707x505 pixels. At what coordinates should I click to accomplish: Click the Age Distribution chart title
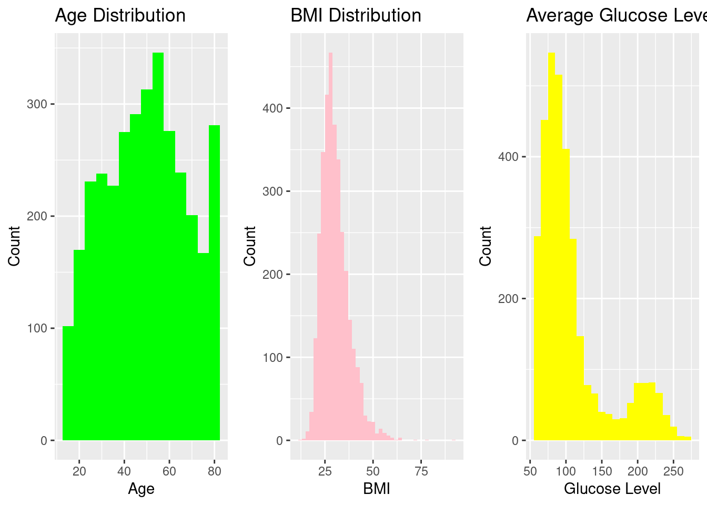pyautogui.click(x=120, y=16)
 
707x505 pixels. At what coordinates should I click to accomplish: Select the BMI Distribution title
pyautogui.click(x=356, y=16)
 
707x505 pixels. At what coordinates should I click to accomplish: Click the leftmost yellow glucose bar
pyautogui.click(x=537, y=337)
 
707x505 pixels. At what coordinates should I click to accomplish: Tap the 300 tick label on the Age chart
pyautogui.click(x=37, y=104)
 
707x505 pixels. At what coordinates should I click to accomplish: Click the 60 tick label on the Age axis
pyautogui.click(x=169, y=471)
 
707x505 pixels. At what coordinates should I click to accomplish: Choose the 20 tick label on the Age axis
pyautogui.click(x=79, y=471)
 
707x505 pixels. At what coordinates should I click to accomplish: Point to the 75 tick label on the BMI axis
pyautogui.click(x=421, y=471)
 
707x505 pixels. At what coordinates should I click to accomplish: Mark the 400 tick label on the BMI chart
pyautogui.click(x=272, y=108)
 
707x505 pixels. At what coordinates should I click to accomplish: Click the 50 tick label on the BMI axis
pyautogui.click(x=373, y=471)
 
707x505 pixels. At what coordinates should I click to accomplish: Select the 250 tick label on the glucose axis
pyautogui.click(x=673, y=471)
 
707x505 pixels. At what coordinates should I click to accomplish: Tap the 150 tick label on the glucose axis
pyautogui.click(x=602, y=471)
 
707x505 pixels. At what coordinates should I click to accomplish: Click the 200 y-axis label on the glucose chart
pyautogui.click(x=508, y=299)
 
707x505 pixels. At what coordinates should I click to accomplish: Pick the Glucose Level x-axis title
pyautogui.click(x=612, y=489)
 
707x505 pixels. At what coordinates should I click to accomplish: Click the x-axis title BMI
pyautogui.click(x=377, y=489)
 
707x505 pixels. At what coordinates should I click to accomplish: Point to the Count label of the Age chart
pyautogui.click(x=14, y=246)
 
